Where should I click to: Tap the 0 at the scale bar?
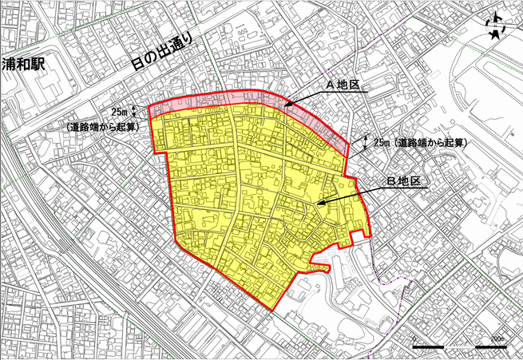pos(414,339)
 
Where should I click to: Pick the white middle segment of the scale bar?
pos(459,347)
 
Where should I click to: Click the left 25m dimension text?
pos(120,112)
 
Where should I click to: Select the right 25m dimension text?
pos(382,142)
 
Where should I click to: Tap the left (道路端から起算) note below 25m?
pos(101,126)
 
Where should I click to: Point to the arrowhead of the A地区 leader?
pos(287,106)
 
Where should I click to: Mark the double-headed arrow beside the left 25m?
pos(134,112)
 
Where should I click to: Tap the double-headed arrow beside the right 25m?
pos(365,142)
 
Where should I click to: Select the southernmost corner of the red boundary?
pos(273,311)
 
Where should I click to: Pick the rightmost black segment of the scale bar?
pos(490,347)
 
